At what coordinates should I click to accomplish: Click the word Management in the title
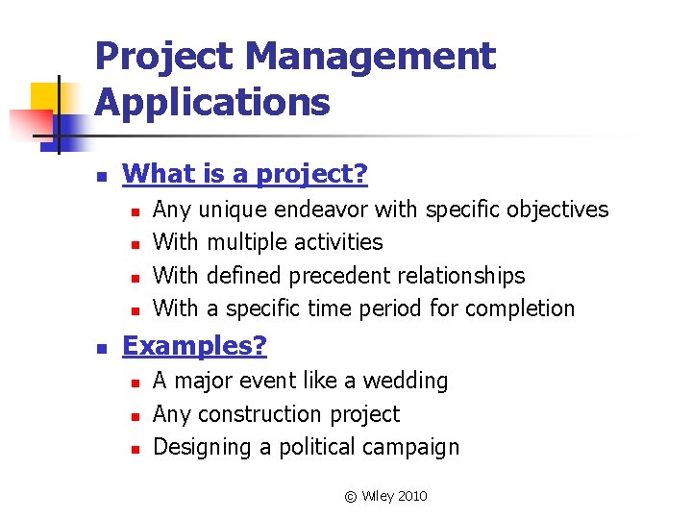(370, 58)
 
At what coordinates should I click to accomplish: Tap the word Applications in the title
(212, 102)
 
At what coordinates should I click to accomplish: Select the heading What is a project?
(245, 174)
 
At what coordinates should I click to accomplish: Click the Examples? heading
(195, 346)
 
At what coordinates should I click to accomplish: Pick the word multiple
(245, 242)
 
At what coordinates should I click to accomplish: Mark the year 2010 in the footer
(410, 496)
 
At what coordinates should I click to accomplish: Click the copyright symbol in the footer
(350, 496)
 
